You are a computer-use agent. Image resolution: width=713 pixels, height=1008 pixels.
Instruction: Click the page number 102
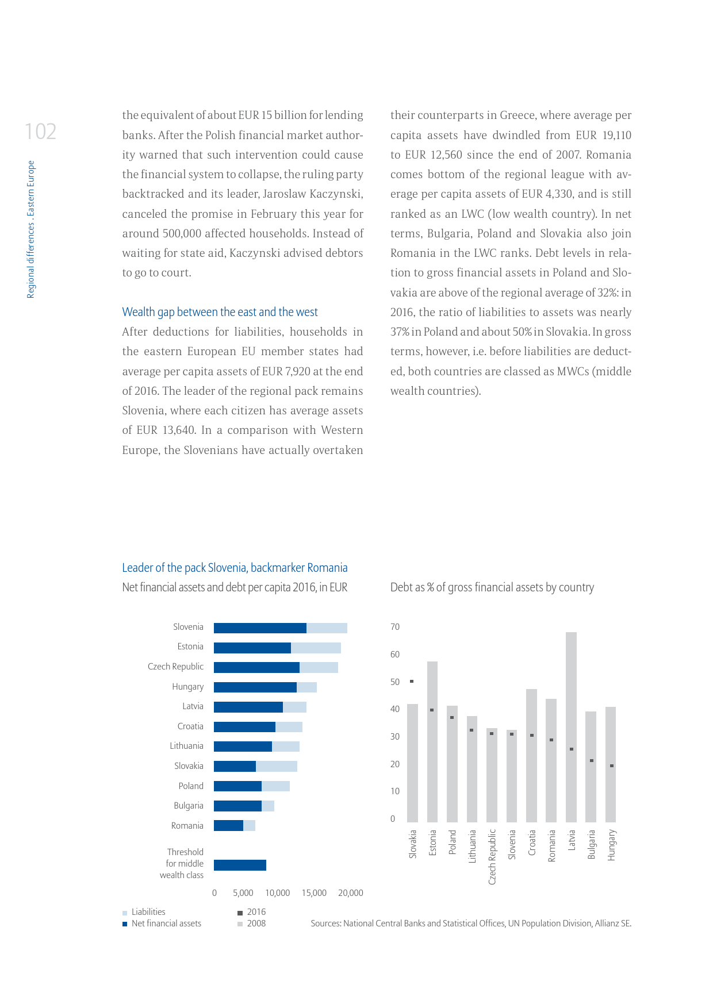pos(40,132)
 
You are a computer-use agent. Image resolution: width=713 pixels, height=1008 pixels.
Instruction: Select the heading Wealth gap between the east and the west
pos(220,312)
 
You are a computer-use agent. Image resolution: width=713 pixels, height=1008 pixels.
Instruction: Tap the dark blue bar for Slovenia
pos(260,628)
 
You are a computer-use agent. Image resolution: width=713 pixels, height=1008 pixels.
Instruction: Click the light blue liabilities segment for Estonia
pos(316,648)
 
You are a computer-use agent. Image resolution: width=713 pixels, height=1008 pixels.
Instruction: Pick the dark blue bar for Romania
pos(228,826)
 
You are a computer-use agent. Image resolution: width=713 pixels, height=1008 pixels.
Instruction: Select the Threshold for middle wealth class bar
pos(240,865)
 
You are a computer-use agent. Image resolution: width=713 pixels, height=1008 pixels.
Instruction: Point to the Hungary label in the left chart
pos(187,687)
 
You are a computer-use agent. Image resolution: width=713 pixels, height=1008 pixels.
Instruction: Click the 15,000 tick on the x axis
pos(314,893)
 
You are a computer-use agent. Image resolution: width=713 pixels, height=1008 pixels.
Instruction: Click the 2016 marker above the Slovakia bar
pos(412,682)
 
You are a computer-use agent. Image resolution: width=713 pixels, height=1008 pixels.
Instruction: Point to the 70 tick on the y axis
pos(395,627)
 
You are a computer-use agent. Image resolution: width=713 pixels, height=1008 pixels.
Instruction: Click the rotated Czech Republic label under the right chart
pos(492,856)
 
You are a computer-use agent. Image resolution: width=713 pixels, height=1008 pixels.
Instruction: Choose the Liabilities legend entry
pos(148,912)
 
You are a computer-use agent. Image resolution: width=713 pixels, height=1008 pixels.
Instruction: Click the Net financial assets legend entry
pos(166,924)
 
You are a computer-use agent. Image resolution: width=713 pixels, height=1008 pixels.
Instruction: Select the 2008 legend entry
pos(256,924)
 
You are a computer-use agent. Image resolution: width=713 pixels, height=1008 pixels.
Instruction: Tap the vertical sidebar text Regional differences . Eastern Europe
pos(31,229)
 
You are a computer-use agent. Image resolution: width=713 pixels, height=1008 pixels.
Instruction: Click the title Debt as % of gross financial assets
pos(492,587)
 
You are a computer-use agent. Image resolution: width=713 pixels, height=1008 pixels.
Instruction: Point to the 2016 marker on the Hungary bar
pos(612,765)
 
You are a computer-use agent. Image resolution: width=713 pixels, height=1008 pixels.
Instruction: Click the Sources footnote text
pos(471,924)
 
